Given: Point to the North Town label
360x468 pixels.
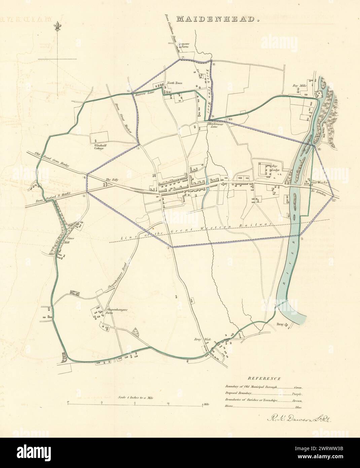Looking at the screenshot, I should coord(174,83).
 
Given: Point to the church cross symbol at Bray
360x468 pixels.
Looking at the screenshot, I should coord(287,325).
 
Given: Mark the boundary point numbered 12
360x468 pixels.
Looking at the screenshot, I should coord(333,201).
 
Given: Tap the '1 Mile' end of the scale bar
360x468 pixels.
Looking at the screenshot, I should coord(206,403).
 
